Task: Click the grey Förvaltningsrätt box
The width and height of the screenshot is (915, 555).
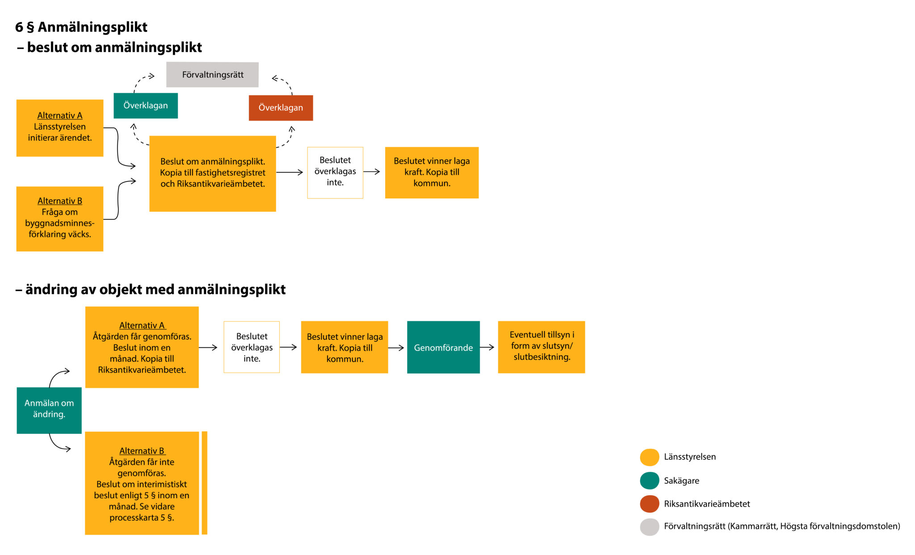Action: coord(212,75)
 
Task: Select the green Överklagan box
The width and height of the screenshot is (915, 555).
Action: coord(146,105)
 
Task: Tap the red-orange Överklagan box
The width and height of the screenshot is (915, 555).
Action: coord(281,108)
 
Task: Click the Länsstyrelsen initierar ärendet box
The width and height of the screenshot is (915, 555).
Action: coord(60,128)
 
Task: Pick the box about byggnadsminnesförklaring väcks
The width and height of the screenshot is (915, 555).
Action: coord(60,219)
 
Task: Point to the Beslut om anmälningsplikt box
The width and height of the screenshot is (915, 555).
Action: coord(213,173)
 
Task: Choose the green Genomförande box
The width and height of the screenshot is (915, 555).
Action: coord(443,347)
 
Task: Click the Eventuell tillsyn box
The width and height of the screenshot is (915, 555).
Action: coord(541,347)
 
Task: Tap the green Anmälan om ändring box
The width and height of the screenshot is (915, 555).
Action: coord(49,410)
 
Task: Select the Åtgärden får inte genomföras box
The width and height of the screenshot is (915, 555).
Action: coord(142,483)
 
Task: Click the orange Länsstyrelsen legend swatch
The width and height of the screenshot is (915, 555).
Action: coord(649,457)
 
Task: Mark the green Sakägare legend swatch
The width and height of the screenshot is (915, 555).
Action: coord(649,481)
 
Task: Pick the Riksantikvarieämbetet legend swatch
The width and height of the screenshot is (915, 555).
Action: coord(649,504)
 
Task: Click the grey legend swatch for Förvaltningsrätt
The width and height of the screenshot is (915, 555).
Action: coord(649,527)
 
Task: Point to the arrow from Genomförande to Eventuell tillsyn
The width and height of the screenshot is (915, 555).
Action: coord(487,347)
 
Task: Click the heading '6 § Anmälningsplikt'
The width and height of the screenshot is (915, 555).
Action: coord(81,27)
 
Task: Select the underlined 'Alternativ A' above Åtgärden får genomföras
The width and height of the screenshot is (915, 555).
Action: coord(142,325)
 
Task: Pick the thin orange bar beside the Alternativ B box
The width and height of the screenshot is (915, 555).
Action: coord(205,483)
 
